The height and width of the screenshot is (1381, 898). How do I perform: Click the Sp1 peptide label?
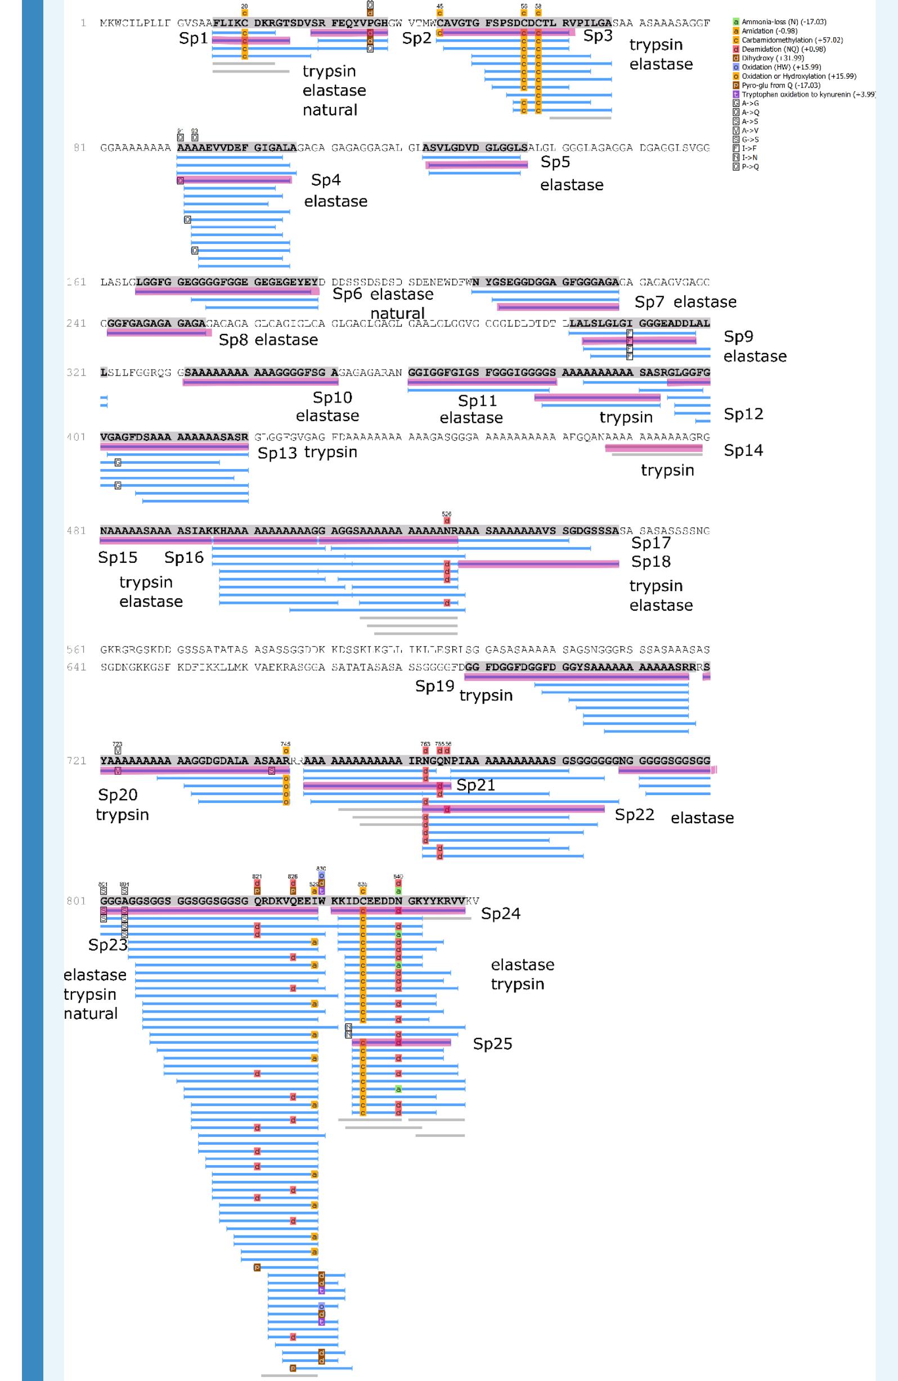pyautogui.click(x=193, y=39)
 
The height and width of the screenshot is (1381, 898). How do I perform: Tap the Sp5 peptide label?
pyautogui.click(x=555, y=162)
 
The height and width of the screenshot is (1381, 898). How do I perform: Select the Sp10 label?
pyautogui.click(x=332, y=398)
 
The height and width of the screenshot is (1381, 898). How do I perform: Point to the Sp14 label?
pyautogui.click(x=743, y=450)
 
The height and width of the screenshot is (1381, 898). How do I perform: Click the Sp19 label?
pyautogui.click(x=434, y=687)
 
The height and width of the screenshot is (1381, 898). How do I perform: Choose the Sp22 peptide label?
pyautogui.click(x=635, y=815)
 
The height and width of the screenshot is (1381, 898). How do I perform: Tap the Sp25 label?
pyautogui.click(x=492, y=1044)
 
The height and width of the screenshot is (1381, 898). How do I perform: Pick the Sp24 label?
pyautogui.click(x=500, y=914)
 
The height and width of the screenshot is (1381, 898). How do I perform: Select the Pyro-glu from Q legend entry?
pyautogui.click(x=781, y=85)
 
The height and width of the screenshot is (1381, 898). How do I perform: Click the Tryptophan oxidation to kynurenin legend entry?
pyautogui.click(x=807, y=94)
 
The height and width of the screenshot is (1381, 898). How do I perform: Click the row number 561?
pyautogui.click(x=76, y=649)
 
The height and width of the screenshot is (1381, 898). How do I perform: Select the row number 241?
pyautogui.click(x=76, y=323)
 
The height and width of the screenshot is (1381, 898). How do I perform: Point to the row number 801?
pyautogui.click(x=76, y=901)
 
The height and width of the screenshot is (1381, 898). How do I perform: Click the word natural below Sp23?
pyautogui.click(x=91, y=1014)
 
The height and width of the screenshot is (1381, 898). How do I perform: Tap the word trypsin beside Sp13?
pyautogui.click(x=330, y=452)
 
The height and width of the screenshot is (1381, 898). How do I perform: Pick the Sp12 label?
pyautogui.click(x=743, y=414)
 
